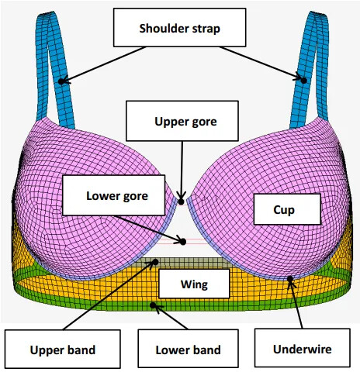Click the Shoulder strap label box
[179, 27]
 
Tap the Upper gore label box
[182, 121]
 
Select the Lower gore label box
[114, 195]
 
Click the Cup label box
[287, 209]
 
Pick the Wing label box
[194, 284]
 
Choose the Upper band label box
[63, 349]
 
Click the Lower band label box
[188, 348]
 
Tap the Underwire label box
[303, 348]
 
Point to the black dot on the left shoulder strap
[61, 81]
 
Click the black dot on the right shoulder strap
[304, 81]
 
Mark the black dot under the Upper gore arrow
[182, 201]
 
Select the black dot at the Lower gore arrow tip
[183, 242]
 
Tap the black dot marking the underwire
[290, 279]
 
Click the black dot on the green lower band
[153, 305]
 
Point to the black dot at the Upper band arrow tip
[155, 262]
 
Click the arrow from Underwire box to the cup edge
[296, 304]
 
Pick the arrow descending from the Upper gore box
[182, 170]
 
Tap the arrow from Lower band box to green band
[171, 318]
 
